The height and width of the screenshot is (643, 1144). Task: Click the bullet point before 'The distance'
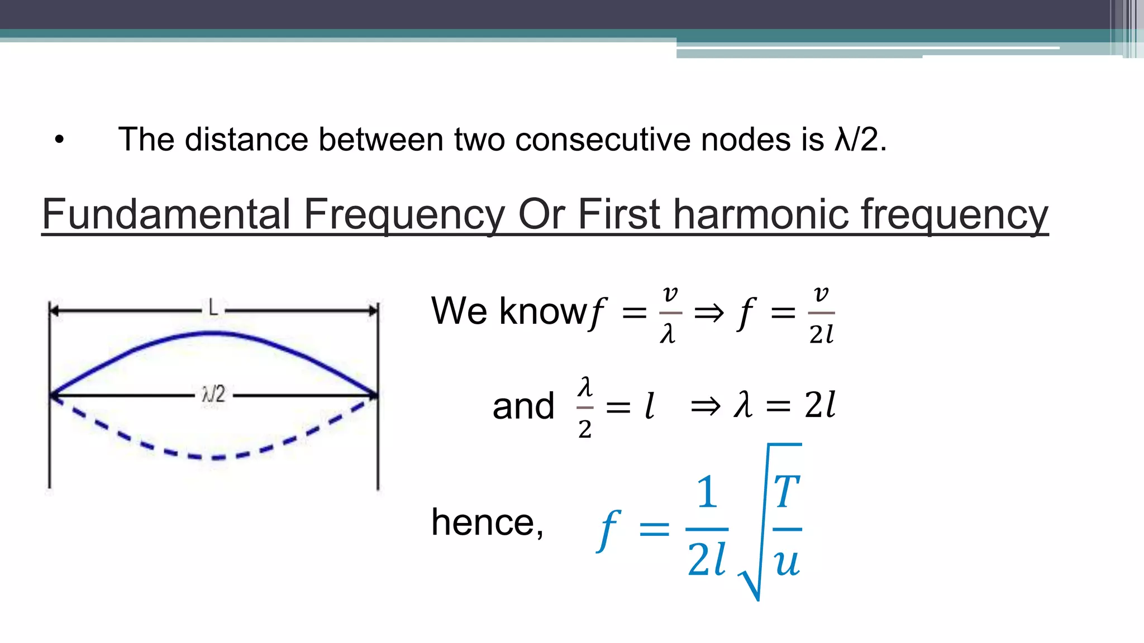pyautogui.click(x=60, y=140)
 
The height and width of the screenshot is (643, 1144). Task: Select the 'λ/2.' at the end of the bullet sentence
pyautogui.click(x=860, y=140)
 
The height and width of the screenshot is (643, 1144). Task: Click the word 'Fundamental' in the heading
pyautogui.click(x=166, y=214)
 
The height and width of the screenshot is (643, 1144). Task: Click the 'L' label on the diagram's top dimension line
pyautogui.click(x=213, y=308)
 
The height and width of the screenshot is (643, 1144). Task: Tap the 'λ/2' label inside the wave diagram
pyautogui.click(x=213, y=395)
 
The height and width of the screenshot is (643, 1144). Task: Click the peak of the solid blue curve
pyautogui.click(x=213, y=334)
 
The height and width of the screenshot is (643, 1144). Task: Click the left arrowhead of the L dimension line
pyautogui.click(x=54, y=310)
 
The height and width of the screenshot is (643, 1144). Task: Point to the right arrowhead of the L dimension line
pyautogui.click(x=374, y=310)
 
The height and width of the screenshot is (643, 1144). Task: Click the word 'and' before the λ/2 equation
pyautogui.click(x=523, y=406)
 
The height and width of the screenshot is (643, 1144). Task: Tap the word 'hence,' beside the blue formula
pyautogui.click(x=487, y=523)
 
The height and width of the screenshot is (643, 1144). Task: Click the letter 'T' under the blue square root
pyautogui.click(x=786, y=492)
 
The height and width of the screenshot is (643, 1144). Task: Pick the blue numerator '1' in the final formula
pyautogui.click(x=707, y=492)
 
